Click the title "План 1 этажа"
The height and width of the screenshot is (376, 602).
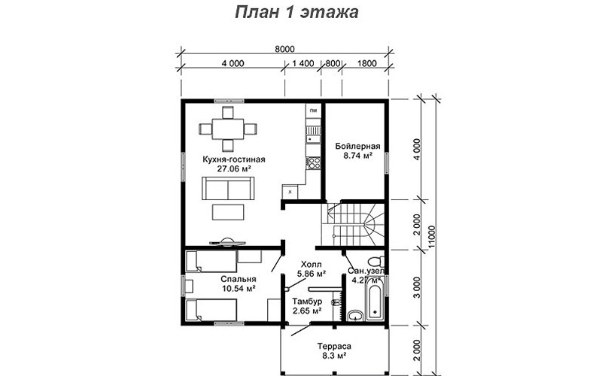pos(296,12)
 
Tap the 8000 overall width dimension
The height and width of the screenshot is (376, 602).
pos(285,49)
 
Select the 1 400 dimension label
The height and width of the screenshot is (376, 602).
pos(303,63)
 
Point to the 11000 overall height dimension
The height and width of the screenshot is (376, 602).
pos(432,237)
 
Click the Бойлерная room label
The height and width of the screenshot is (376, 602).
pos(357,146)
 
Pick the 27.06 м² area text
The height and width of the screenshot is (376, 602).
pos(234,168)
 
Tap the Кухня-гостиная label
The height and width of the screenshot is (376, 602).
pos(234,159)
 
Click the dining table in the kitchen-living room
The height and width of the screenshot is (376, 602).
pos(228,129)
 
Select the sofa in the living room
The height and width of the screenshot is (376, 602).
pos(228,189)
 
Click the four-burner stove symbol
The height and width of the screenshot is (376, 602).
pos(314,163)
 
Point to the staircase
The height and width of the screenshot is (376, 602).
pos(353,224)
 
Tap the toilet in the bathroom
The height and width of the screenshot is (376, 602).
pos(375,262)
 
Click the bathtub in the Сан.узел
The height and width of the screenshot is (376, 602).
pos(375,298)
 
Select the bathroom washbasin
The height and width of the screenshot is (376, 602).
pos(355,316)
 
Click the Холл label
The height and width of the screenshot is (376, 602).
pos(312,265)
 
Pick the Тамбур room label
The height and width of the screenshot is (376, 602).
pos(307,302)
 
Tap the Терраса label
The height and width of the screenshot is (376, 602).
pos(334,346)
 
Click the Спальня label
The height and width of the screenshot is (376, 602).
pos(239,279)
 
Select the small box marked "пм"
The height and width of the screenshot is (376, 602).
pos(314,111)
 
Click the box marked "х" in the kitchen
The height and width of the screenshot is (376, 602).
pos(290,192)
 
